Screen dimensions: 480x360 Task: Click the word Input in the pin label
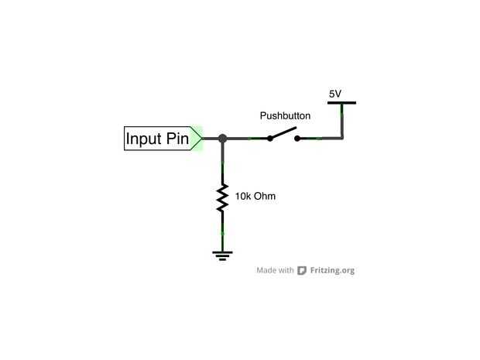144,139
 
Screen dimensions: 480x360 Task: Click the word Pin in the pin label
177,139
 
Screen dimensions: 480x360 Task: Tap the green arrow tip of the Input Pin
198,139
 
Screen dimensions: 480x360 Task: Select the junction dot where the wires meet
222,139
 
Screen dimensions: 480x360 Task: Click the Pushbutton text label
285,116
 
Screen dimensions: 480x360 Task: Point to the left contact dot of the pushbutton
269,139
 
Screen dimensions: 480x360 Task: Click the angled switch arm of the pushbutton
284,134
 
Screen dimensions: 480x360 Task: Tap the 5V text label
334,94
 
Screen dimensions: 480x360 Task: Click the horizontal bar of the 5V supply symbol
341,102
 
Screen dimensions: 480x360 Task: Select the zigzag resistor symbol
222,198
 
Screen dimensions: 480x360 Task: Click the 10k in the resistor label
243,197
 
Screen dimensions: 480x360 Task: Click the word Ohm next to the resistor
265,197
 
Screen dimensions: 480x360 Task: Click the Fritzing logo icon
302,271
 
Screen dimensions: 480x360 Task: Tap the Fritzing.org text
332,271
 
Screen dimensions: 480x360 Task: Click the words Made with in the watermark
275,271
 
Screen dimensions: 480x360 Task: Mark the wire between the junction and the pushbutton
246,139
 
